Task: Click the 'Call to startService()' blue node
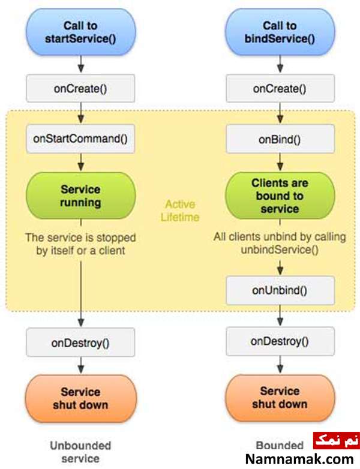pyautogui.click(x=81, y=32)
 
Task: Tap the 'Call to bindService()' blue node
pyautogui.click(x=280, y=32)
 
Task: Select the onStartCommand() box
pyautogui.click(x=80, y=139)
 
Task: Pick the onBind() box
pyautogui.click(x=280, y=139)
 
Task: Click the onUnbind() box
pyautogui.click(x=280, y=290)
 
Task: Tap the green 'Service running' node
pyautogui.click(x=81, y=196)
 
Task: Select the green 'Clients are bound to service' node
pyautogui.click(x=280, y=196)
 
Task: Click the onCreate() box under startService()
pyautogui.click(x=80, y=89)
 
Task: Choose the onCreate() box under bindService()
pyautogui.click(x=280, y=89)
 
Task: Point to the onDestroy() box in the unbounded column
pyautogui.click(x=80, y=342)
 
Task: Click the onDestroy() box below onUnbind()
pyautogui.click(x=280, y=341)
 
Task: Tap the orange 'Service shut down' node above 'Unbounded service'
pyautogui.click(x=81, y=398)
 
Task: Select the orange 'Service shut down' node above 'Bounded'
pyautogui.click(x=280, y=398)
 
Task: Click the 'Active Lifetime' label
pyautogui.click(x=180, y=211)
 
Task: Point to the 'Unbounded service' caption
pyautogui.click(x=80, y=452)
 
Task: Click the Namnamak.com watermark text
pyautogui.click(x=299, y=459)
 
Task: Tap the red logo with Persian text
pyautogui.click(x=337, y=440)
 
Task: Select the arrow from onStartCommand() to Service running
pyautogui.click(x=81, y=163)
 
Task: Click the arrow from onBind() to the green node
pyautogui.click(x=280, y=163)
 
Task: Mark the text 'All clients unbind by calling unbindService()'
pyautogui.click(x=280, y=243)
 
